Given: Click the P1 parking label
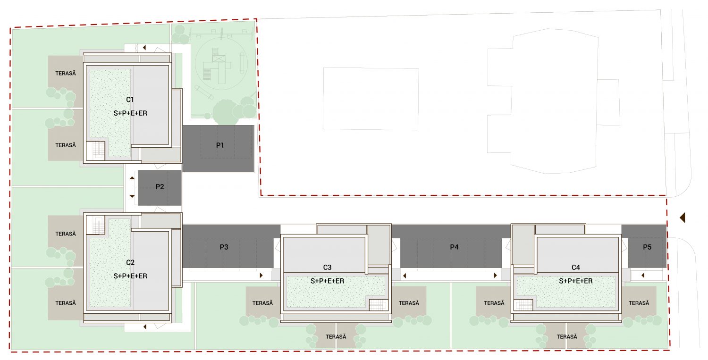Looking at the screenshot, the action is coord(220,145).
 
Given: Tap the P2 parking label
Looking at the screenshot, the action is coord(160,187).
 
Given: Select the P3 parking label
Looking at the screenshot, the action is coord(224,247).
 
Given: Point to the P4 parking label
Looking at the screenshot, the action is coord(454,247).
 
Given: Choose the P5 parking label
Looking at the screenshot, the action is coord(647,247).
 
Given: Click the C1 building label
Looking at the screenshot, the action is coord(130,100).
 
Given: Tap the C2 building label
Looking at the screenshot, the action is coord(130,262).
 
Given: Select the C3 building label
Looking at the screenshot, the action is coord(327,268).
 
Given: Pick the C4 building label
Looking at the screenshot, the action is coord(575,268).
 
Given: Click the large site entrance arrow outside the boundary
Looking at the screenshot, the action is coord(683,218).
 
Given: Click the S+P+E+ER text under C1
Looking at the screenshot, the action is coord(130,113).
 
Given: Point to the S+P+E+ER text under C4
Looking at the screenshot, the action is coord(575,281).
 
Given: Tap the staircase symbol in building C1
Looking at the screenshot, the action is coord(95,151).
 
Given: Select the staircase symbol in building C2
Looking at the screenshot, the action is coord(95,225).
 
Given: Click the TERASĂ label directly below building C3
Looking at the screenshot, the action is coord(336,336).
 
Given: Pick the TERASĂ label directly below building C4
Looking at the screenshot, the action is coord(567,336).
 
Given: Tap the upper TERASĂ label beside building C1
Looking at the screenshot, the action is coord(66,73).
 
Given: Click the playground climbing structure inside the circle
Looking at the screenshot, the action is coord(218,66).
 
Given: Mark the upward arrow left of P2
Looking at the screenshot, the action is coord(132,178).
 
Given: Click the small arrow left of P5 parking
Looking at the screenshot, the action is coord(643,276).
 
